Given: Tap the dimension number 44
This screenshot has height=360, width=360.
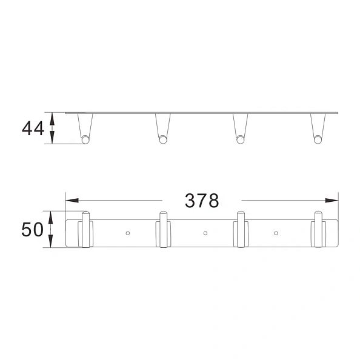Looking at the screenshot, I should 32,128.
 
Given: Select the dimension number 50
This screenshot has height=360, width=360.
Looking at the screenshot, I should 32,230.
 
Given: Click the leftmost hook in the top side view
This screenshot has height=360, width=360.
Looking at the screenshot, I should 85,128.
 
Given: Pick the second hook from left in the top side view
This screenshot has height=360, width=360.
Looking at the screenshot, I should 162,128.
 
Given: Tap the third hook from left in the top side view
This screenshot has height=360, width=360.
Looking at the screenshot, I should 241,128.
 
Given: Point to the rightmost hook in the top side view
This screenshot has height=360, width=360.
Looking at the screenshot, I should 318,128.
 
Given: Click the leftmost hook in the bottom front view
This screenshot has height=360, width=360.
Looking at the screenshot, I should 85,230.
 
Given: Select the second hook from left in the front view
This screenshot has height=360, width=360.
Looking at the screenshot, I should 162,230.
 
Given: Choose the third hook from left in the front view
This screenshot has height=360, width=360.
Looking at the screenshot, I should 241,230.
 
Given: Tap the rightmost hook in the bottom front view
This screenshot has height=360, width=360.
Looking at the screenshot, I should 318,230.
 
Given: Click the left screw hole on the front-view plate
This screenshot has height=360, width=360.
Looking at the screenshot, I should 127,233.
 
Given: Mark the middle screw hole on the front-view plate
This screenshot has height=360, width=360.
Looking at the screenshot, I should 205,233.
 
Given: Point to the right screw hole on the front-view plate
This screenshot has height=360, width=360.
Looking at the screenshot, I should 276,233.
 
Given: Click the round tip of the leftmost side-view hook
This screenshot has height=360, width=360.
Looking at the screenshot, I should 85,141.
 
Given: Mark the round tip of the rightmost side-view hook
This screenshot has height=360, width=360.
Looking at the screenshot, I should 318,141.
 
